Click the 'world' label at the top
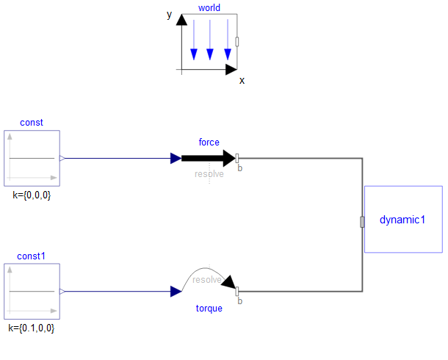pyautogui.click(x=209, y=7)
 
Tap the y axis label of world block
pyautogui.click(x=170, y=15)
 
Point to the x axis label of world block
pyautogui.click(x=242, y=81)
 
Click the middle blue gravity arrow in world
pyautogui.click(x=210, y=40)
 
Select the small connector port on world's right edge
pyautogui.click(x=237, y=42)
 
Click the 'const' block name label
pyautogui.click(x=32, y=122)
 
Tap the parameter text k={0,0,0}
pyautogui.click(x=32, y=195)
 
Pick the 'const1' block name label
pyautogui.click(x=31, y=256)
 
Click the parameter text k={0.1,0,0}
pyautogui.click(x=32, y=328)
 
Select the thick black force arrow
pyautogui.click(x=209, y=158)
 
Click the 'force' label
pyautogui.click(x=209, y=142)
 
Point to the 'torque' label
pyautogui.click(x=209, y=309)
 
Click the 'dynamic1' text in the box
pyautogui.click(x=402, y=220)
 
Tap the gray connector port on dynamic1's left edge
pyautogui.click(x=362, y=222)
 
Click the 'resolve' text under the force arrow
pyautogui.click(x=209, y=173)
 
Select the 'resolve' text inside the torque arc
pyautogui.click(x=207, y=280)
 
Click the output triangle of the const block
pyautogui.click(x=62, y=158)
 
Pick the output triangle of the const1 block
pyautogui.click(x=62, y=292)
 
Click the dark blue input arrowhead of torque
pyautogui.click(x=176, y=292)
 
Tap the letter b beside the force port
pyautogui.click(x=240, y=168)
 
